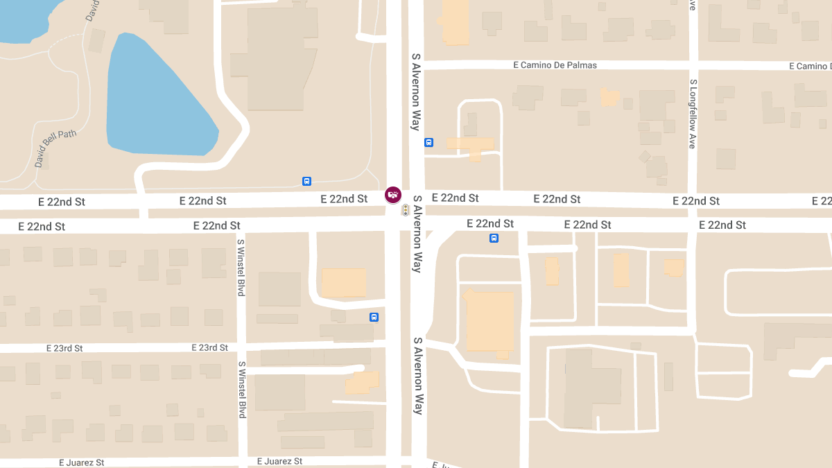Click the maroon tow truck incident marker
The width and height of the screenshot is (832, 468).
tap(393, 195)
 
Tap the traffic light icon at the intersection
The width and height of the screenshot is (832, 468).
tap(406, 209)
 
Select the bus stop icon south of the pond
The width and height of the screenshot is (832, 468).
tap(306, 182)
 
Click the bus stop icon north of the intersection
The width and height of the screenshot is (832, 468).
tap(428, 143)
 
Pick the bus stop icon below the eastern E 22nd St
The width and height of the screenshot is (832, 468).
tap(494, 239)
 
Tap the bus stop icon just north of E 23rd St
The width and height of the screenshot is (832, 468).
tap(374, 318)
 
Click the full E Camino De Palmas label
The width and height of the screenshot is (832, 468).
tap(555, 65)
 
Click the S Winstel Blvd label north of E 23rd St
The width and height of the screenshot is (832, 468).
tap(241, 268)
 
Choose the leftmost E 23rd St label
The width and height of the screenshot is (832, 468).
tap(64, 348)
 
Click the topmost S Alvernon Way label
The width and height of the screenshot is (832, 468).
tap(416, 92)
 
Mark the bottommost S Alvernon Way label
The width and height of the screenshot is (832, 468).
tap(418, 376)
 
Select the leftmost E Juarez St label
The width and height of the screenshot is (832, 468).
tap(81, 462)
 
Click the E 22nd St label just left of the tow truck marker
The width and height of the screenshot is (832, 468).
tap(344, 199)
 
